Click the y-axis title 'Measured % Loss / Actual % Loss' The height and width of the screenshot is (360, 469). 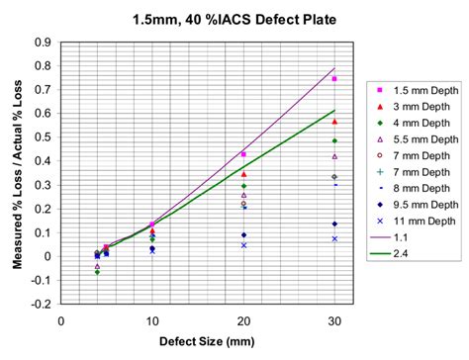tap(17, 173)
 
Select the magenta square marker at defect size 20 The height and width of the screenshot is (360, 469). tap(243, 154)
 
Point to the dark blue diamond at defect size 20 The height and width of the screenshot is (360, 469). tap(243, 234)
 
